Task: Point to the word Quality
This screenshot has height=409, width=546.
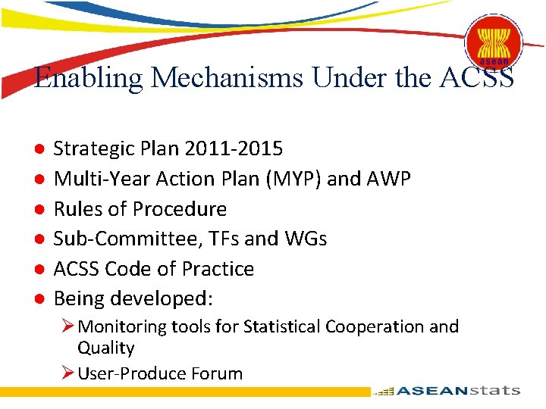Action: click(105, 348)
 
